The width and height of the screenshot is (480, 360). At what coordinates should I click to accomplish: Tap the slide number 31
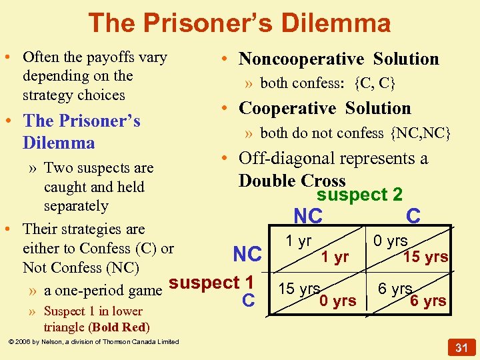point(460,348)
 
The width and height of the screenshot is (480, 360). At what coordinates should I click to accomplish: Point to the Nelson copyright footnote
point(93,342)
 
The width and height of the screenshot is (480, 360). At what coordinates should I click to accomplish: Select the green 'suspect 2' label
point(359,195)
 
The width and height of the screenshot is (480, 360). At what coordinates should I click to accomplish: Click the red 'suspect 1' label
point(211,282)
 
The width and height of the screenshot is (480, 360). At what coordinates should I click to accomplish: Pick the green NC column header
point(308,217)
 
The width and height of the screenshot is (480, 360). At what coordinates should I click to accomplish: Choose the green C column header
point(413,216)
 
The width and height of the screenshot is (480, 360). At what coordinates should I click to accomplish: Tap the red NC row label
point(247,255)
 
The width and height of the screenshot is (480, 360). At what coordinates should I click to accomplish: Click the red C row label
point(249,301)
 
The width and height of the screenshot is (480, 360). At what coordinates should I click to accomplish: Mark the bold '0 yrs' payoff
point(337,301)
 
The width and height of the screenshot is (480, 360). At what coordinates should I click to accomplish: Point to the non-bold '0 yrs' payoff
point(391,241)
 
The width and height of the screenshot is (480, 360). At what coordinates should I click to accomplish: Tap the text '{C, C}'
point(375,83)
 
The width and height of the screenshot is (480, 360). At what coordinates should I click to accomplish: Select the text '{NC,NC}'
point(421,133)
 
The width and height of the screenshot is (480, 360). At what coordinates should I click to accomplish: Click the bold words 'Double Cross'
point(292,181)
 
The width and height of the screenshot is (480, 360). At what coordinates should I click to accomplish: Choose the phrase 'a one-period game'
point(103,290)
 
